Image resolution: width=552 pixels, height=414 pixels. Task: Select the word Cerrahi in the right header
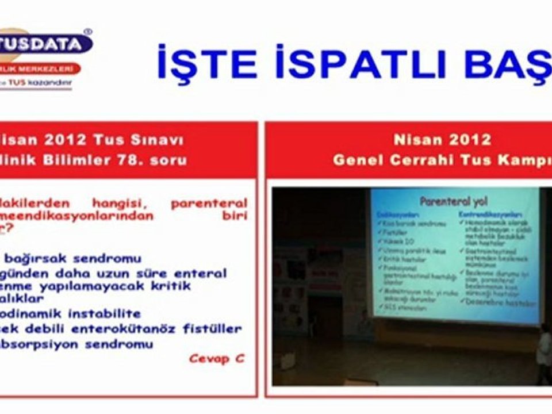[419, 159]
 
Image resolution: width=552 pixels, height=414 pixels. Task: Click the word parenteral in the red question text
[209, 203]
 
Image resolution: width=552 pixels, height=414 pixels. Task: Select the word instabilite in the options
[107, 314]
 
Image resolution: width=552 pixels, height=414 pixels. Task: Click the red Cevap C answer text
[216, 358]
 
